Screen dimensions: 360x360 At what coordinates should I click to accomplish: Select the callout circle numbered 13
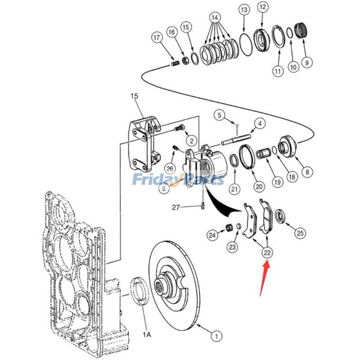243,9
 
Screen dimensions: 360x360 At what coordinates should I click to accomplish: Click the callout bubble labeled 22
267,252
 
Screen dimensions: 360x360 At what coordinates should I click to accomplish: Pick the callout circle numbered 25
300,233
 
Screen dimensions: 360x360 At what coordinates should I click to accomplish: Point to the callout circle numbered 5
220,115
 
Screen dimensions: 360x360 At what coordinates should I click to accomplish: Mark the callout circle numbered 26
169,169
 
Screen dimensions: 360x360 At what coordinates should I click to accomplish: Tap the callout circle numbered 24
212,234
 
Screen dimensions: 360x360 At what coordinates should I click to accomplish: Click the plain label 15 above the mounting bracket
135,96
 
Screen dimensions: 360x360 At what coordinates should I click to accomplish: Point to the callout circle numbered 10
293,67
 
